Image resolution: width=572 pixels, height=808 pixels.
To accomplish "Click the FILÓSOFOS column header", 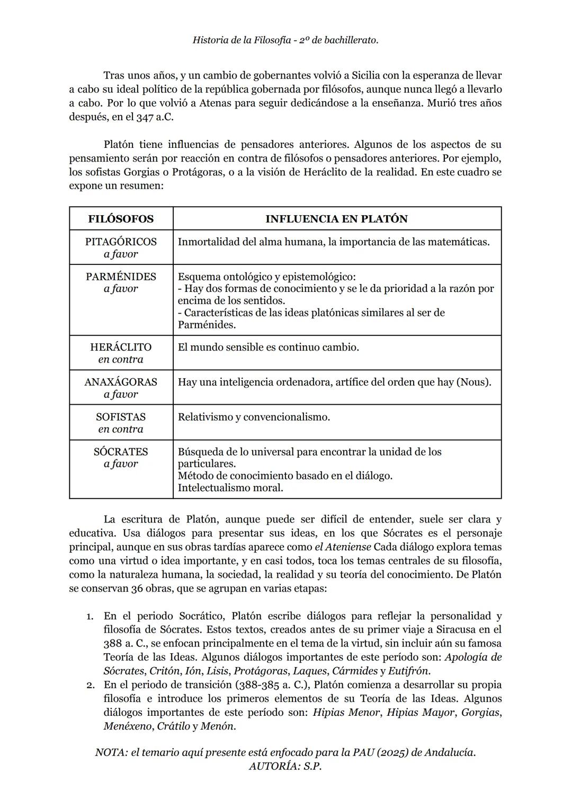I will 121,219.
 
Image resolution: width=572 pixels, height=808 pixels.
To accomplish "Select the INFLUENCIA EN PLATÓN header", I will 336,219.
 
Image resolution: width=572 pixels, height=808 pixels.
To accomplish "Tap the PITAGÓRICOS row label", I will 121,242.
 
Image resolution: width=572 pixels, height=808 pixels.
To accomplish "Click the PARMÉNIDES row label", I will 121,277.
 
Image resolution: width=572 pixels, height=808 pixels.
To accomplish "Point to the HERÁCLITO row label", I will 121,347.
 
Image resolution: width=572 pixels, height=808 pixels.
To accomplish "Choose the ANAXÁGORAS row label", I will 121,382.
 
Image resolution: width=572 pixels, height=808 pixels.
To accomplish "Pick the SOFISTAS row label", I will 121,417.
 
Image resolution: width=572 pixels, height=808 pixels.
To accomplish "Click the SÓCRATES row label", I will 121,452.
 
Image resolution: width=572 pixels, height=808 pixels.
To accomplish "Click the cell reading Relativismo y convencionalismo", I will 254,417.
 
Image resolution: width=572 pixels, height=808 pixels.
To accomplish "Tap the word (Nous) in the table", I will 473,382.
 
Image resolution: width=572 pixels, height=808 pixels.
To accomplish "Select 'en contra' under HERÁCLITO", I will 121,359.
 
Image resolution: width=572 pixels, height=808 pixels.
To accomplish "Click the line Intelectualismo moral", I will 230,487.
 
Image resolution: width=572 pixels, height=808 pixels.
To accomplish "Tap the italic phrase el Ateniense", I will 345,547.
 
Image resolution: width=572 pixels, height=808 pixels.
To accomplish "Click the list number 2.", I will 91,685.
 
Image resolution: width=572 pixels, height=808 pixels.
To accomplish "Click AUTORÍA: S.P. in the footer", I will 285,766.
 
